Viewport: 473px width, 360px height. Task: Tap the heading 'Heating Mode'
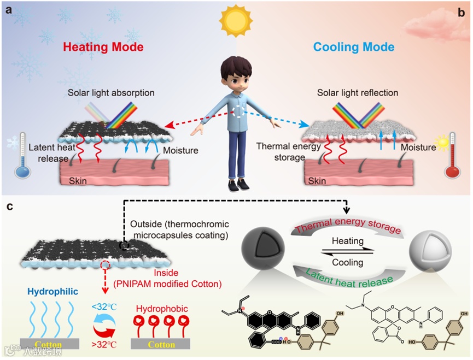103,47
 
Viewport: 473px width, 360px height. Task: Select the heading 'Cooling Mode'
354,47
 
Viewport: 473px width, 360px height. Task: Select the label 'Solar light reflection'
358,93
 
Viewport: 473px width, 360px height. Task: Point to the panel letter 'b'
460,11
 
